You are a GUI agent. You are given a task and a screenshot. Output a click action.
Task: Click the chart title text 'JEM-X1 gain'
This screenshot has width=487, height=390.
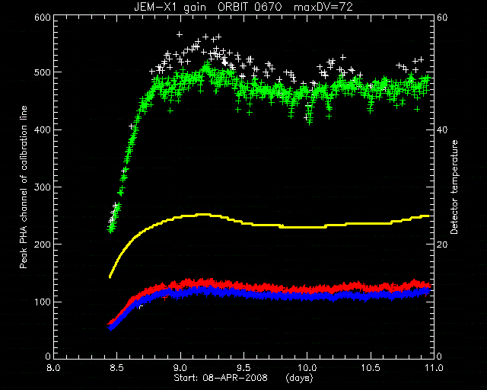[170, 7]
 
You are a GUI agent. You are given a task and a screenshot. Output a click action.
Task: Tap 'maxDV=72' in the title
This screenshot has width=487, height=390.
[323, 7]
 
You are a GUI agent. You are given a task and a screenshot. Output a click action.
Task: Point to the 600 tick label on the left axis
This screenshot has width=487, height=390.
[43, 17]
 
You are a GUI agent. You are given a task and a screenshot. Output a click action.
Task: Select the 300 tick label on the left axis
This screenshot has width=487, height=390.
[43, 187]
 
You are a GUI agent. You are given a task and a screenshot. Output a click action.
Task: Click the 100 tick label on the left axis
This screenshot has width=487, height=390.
[43, 302]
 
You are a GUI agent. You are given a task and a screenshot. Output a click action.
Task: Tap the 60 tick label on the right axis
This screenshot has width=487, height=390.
[442, 17]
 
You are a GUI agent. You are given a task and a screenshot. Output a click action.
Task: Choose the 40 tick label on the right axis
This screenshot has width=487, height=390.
[442, 129]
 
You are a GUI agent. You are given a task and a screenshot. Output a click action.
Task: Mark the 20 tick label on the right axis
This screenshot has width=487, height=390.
[442, 245]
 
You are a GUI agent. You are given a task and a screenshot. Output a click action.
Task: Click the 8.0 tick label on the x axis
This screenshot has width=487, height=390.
[54, 368]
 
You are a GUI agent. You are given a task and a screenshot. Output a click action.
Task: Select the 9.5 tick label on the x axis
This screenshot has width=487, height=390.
[243, 368]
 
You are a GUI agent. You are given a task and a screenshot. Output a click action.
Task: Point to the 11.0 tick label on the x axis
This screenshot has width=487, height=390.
[434, 368]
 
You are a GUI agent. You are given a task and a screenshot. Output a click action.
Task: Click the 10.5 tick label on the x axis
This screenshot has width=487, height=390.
[371, 368]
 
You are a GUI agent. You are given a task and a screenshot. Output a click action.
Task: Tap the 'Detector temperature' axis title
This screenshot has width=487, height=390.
[454, 187]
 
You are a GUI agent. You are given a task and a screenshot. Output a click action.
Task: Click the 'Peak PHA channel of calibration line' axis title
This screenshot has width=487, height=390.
[24, 187]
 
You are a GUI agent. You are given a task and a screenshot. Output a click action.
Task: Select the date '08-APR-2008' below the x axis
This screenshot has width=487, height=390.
[235, 378]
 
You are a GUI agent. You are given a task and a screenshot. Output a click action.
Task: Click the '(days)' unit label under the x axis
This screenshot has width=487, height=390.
[299, 378]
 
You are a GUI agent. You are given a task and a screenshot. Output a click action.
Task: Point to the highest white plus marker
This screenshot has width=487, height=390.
[180, 34]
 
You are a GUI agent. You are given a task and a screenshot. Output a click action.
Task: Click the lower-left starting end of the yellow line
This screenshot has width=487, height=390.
[110, 277]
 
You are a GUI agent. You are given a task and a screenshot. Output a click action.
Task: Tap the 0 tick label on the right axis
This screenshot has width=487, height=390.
[440, 356]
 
